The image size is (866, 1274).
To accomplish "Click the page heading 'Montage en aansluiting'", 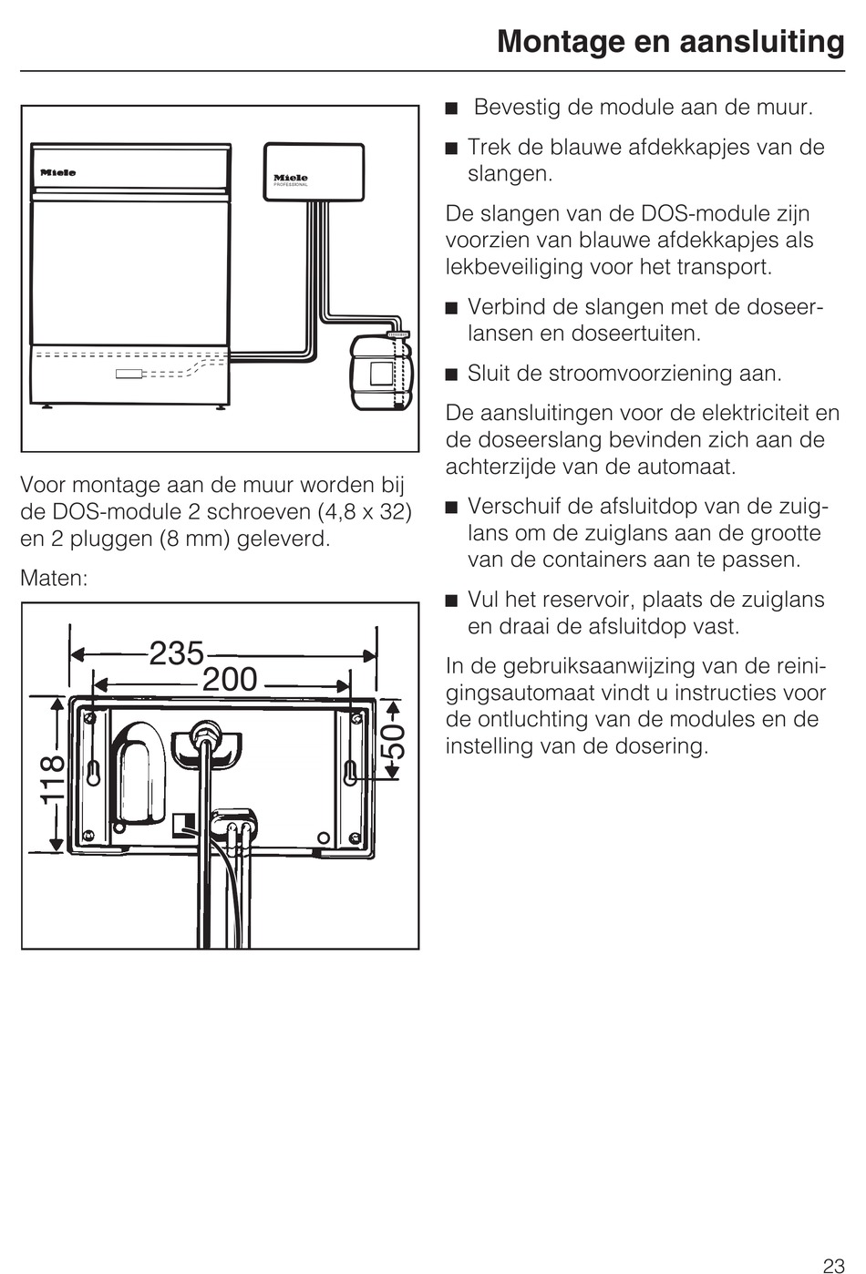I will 670,42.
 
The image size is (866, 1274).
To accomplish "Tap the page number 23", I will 833,1265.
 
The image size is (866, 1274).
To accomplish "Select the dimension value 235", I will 176,652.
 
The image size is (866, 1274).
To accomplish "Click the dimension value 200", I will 230,680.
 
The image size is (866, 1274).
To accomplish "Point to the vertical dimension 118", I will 53,779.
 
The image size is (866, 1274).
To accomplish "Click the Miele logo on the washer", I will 57,172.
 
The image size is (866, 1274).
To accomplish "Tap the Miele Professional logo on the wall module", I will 291,179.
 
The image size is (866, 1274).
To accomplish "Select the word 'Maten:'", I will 54,579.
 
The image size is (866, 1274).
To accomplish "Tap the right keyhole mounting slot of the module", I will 351,771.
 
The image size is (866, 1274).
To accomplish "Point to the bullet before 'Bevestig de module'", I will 450,109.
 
